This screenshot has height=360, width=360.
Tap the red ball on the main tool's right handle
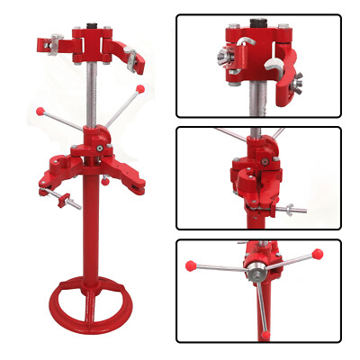tap(139, 89)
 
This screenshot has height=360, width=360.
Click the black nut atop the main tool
tap(93, 19)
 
